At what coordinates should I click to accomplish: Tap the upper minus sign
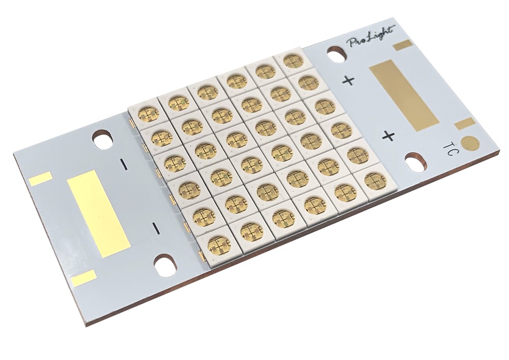point(124,164)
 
